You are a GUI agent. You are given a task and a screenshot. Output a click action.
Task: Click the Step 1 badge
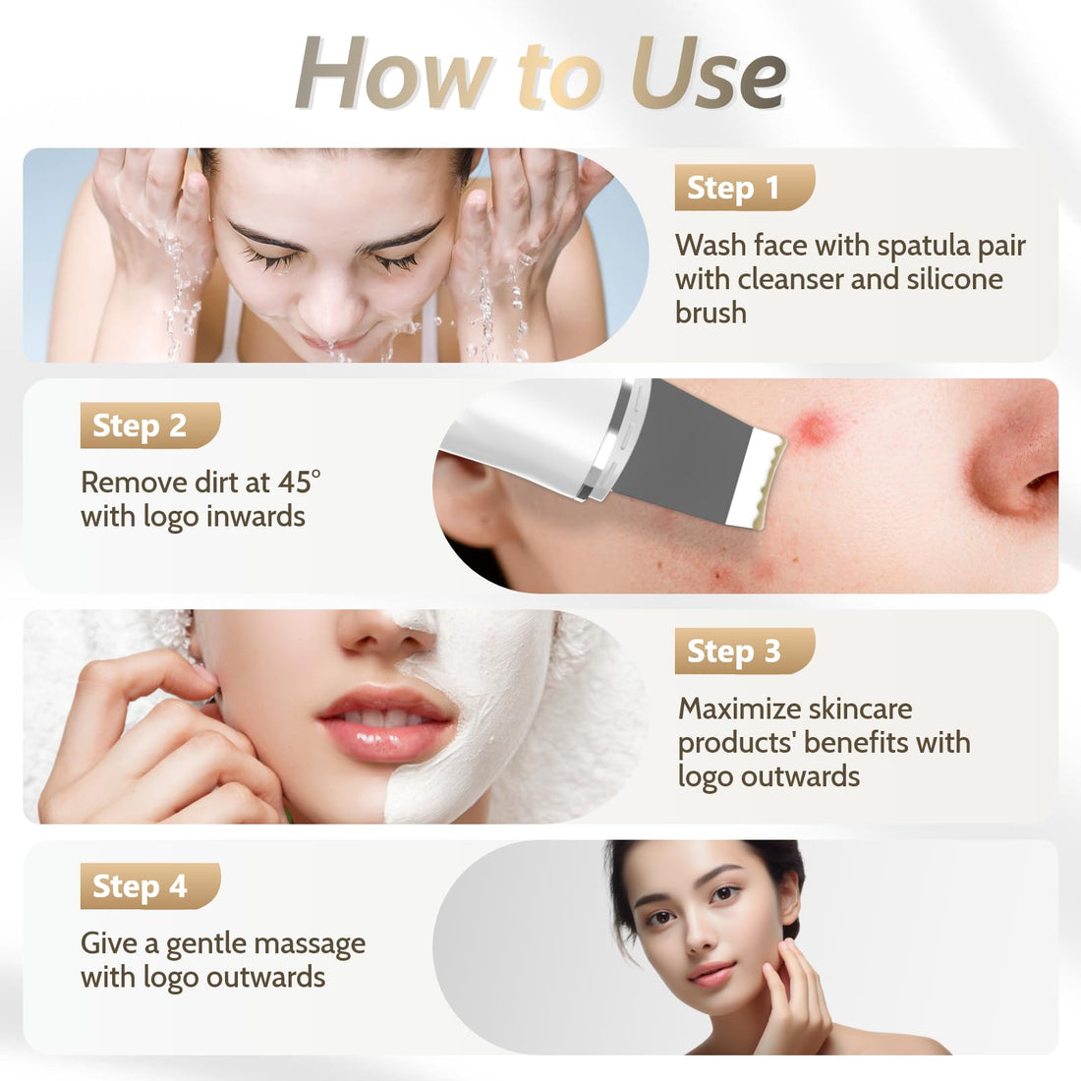pos(743,188)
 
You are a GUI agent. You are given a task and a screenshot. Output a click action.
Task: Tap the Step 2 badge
pos(149,426)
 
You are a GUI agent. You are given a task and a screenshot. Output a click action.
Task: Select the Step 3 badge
pos(743,651)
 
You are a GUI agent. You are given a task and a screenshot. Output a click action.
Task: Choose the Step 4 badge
pos(149,886)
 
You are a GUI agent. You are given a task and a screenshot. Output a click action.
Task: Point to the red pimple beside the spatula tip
pos(813,428)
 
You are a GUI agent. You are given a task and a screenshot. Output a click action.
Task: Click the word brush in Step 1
pos(711,313)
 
